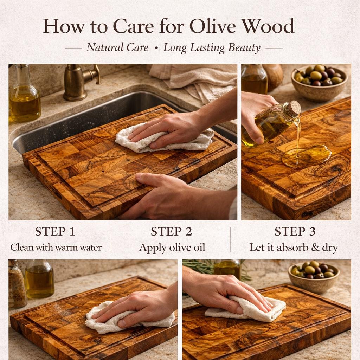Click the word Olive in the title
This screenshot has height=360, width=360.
(x=212, y=26)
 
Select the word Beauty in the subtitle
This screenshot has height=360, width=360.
(x=244, y=48)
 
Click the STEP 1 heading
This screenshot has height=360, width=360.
(x=55, y=231)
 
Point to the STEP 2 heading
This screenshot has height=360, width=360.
(x=171, y=231)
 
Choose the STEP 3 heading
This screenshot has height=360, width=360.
(x=295, y=231)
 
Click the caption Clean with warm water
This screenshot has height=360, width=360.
(x=56, y=247)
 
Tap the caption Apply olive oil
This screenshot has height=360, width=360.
(x=172, y=248)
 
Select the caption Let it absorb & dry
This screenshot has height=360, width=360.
(x=294, y=247)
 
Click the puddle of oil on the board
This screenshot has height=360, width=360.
(x=306, y=156)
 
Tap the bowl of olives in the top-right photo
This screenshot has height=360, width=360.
(x=319, y=83)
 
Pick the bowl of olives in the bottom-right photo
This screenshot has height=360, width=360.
(x=314, y=277)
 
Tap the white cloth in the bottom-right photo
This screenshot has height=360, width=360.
(x=246, y=309)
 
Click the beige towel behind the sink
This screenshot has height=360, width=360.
(x=195, y=81)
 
